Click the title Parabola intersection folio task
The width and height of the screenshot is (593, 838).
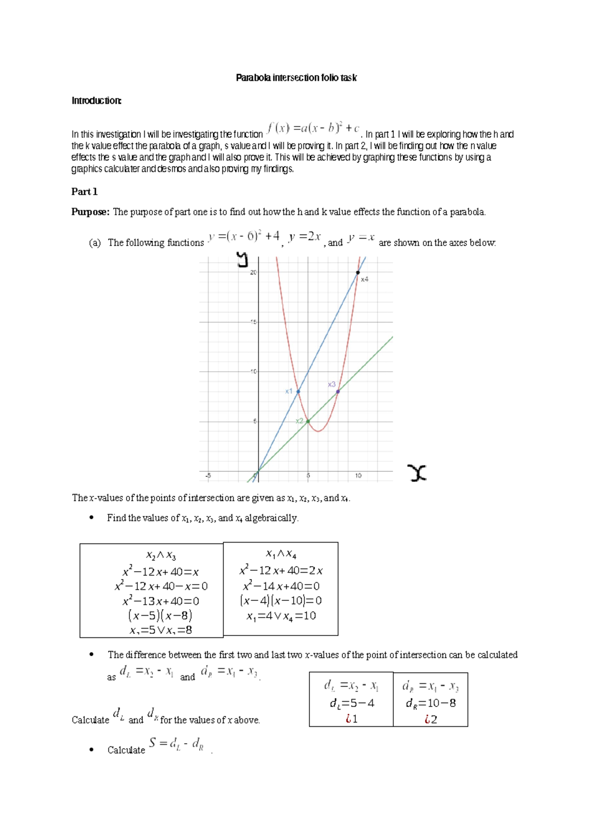[296, 78]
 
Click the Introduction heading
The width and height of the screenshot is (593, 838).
[96, 101]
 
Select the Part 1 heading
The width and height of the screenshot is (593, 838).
[85, 192]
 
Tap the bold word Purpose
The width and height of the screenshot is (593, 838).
[89, 212]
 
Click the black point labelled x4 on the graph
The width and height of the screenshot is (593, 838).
[358, 273]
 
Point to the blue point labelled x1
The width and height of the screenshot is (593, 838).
[298, 391]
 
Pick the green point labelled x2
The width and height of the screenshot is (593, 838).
[308, 421]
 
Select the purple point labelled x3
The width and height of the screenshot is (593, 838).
[338, 391]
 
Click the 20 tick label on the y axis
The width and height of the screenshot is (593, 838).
[253, 272]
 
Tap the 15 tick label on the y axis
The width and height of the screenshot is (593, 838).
[253, 322]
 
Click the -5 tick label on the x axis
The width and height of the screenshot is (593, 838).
[208, 476]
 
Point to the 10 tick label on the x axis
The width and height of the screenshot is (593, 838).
[358, 476]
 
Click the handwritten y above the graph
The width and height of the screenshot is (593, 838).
[242, 259]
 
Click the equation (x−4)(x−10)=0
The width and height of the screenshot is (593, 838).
[281, 601]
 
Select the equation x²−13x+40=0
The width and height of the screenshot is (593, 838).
[161, 601]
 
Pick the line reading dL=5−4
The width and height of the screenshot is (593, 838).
[352, 703]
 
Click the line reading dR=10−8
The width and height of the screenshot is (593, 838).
[430, 703]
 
